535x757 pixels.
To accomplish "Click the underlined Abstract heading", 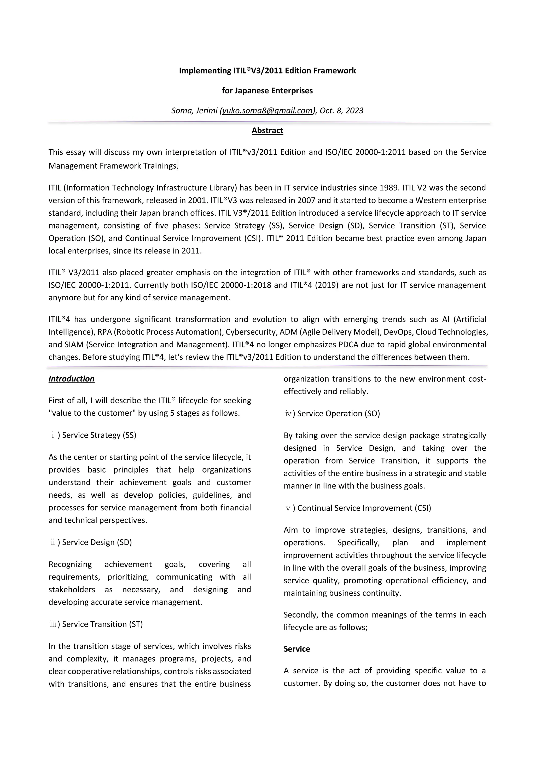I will (267, 130).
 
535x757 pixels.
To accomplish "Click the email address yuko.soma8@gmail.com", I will (267, 111).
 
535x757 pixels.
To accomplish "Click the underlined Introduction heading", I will (72, 379).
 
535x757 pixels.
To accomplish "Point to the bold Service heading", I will (296, 649).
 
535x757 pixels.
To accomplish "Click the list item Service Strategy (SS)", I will (99, 435).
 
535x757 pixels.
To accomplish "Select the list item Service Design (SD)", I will (97, 542).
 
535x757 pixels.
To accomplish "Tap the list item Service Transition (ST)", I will (102, 624).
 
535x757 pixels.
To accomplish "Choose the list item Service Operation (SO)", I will (338, 414).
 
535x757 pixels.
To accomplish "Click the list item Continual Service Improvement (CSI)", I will (364, 508).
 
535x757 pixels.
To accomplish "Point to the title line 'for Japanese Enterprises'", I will (267, 91).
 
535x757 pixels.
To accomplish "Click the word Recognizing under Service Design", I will (70, 564).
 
